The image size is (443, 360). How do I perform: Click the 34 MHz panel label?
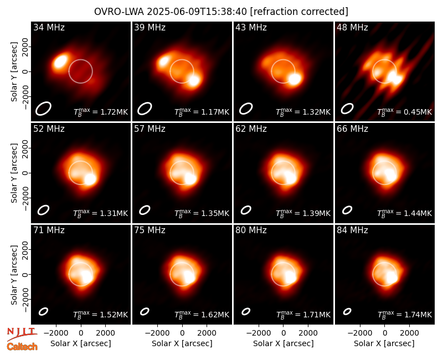coord(49,27)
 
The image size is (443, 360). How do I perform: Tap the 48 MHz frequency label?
coord(352,27)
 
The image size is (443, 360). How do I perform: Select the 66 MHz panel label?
coord(352,129)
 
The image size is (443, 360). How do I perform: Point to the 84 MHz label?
coord(352,230)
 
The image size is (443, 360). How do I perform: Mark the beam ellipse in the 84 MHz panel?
coord(347,311)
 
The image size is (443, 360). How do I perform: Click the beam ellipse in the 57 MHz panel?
coord(145,210)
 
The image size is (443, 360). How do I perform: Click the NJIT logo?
coord(22,333)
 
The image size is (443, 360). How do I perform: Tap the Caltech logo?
coord(22,347)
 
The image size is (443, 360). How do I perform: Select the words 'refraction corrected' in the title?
coord(299,12)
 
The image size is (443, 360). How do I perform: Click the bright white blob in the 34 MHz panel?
coord(60,61)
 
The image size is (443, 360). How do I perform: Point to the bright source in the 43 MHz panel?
coord(295,79)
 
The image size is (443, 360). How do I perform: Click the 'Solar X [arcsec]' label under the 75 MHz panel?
coord(182,343)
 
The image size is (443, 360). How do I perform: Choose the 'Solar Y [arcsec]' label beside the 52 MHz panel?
coord(14,173)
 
